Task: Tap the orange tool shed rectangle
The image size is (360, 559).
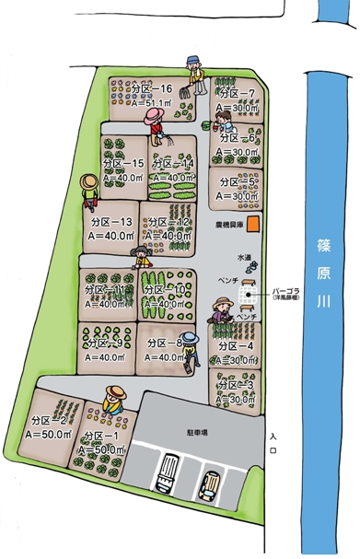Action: tap(257, 223)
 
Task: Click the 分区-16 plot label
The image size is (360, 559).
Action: tap(152, 89)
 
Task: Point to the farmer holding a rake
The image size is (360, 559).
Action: tap(193, 76)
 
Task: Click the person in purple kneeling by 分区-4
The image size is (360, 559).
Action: tap(221, 313)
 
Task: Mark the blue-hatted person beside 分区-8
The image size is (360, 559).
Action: tap(189, 347)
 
